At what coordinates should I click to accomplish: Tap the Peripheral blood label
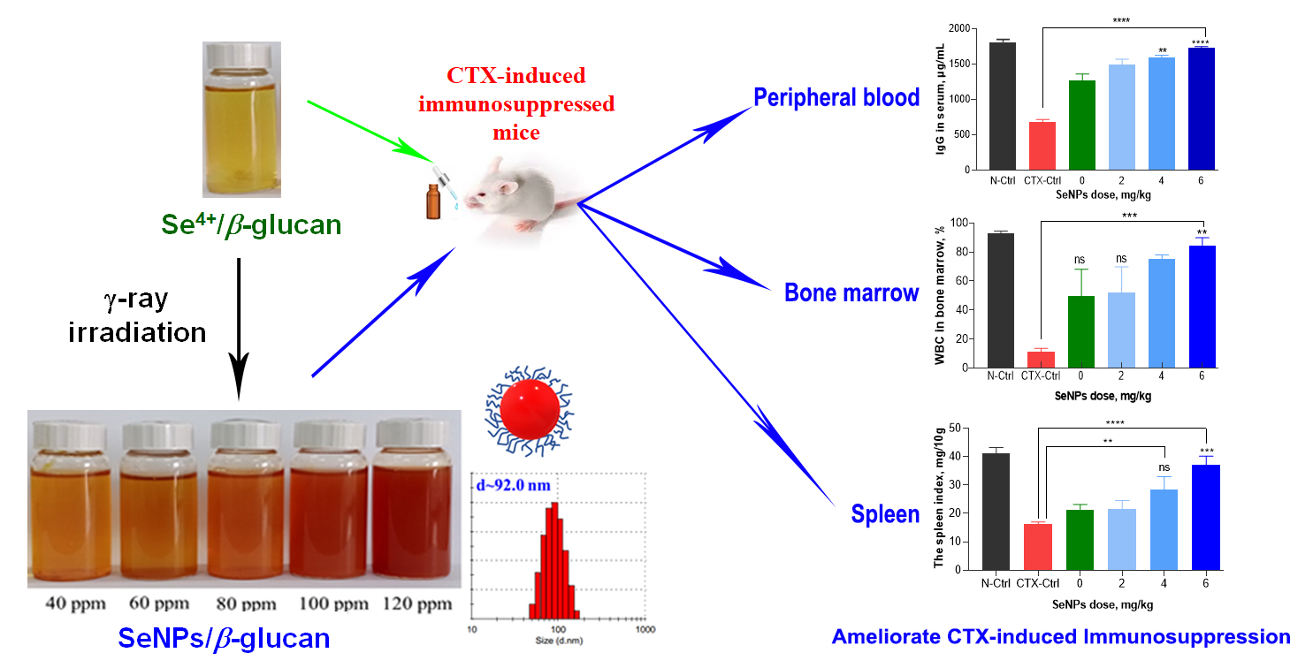point(836,97)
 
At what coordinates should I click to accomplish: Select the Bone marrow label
point(851,292)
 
